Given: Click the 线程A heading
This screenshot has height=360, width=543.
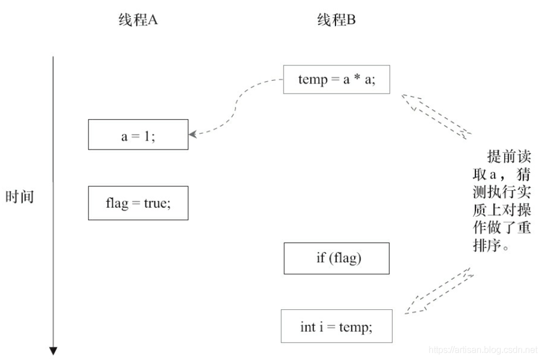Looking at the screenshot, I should tap(138, 21).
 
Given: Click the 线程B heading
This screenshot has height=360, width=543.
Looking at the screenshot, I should tap(336, 21).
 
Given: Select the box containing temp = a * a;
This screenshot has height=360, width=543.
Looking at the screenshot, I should tap(336, 79).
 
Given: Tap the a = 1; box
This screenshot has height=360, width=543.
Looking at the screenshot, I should tap(138, 134).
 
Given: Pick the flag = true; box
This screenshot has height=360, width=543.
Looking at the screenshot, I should tap(138, 203).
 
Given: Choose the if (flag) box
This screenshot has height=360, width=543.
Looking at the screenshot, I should tap(337, 258).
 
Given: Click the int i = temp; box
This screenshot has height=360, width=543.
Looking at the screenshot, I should tap(336, 326).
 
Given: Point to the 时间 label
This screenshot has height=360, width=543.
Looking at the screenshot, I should tap(20, 197).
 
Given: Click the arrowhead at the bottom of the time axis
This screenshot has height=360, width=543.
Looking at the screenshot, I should tap(54, 351).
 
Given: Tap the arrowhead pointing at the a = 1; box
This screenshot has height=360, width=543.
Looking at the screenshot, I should tap(193, 134).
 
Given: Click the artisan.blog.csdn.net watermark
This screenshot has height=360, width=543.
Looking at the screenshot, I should tap(483, 350).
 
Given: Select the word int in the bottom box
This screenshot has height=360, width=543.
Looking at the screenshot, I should tap(308, 327).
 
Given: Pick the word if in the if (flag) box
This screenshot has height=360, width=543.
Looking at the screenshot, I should tap(321, 258).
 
